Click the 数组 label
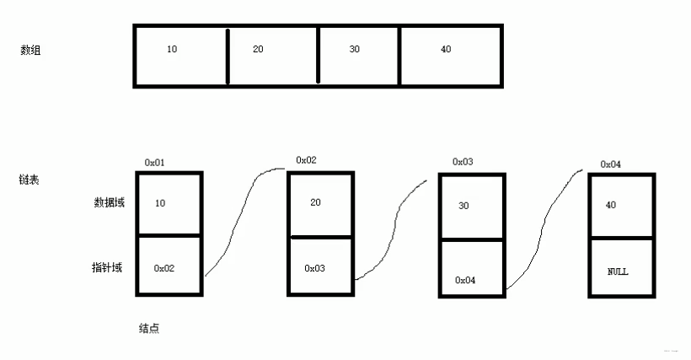[x=30, y=51]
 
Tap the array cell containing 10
[x=180, y=56]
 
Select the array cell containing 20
[x=273, y=56]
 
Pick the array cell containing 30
[x=359, y=56]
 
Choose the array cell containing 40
[x=450, y=56]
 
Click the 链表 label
[x=29, y=180]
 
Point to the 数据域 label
[x=110, y=202]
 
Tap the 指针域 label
[x=107, y=267]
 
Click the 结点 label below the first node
[x=149, y=328]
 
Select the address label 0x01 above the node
[x=155, y=163]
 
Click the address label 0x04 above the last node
[x=611, y=164]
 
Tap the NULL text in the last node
[x=618, y=271]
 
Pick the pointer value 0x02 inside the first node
[x=164, y=268]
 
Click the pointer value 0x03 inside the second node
[x=314, y=268]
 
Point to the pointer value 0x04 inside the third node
[x=465, y=280]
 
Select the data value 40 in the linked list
[x=611, y=205]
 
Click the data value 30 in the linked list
[x=463, y=206]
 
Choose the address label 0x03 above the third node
[x=463, y=162]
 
